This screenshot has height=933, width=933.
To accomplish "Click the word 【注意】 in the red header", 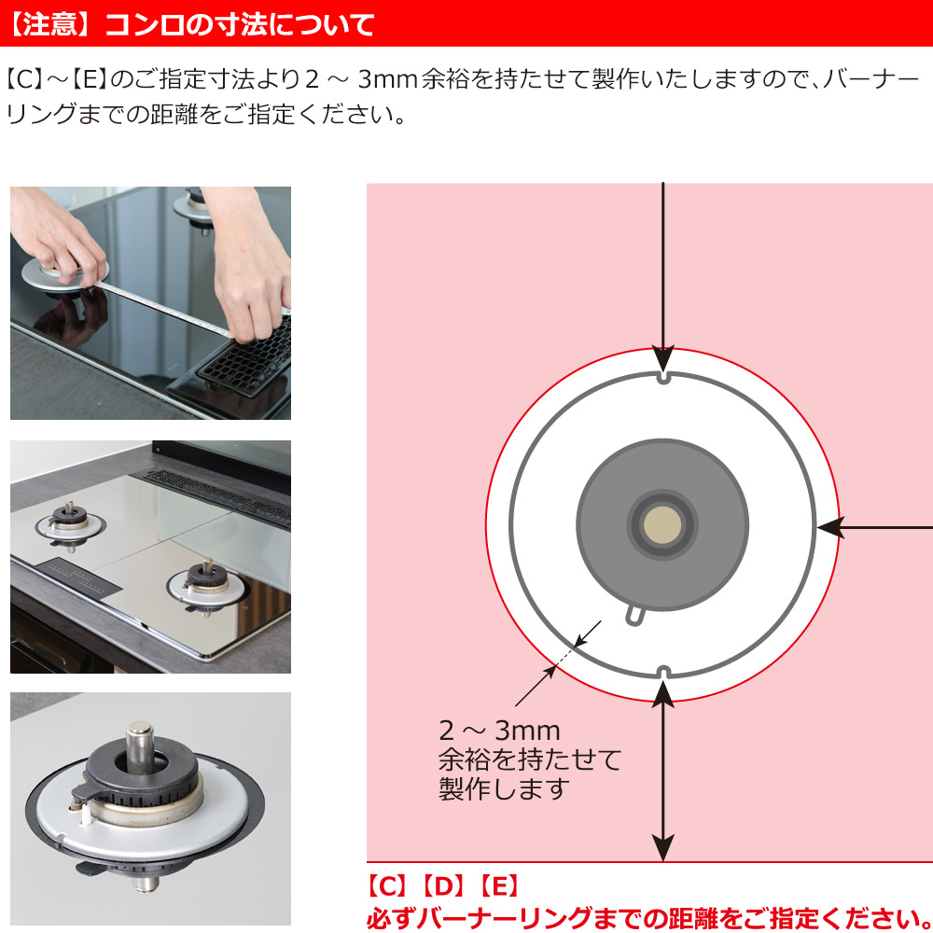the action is click(x=50, y=25).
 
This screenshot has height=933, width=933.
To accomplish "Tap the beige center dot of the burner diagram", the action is click(x=662, y=524).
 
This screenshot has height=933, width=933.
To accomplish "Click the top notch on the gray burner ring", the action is click(x=664, y=377).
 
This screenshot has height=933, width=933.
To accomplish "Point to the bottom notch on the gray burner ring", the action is click(x=663, y=673).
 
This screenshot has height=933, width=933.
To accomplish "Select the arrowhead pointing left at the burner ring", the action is click(x=829, y=527).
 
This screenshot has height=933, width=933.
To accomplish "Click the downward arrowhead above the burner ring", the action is click(x=662, y=359).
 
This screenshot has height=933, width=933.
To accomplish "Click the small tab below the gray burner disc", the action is click(x=634, y=615).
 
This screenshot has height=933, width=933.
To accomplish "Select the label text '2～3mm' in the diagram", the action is click(x=499, y=731).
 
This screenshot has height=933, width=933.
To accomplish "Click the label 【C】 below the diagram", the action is click(x=388, y=886).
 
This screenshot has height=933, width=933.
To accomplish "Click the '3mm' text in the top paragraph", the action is click(x=388, y=79).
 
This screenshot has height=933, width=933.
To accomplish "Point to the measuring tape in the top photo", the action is click(x=160, y=308).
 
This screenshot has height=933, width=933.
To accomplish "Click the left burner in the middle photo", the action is click(x=70, y=524).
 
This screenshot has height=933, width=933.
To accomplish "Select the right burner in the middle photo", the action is click(x=206, y=586).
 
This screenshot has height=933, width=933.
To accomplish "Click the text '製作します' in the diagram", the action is click(x=504, y=789).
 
